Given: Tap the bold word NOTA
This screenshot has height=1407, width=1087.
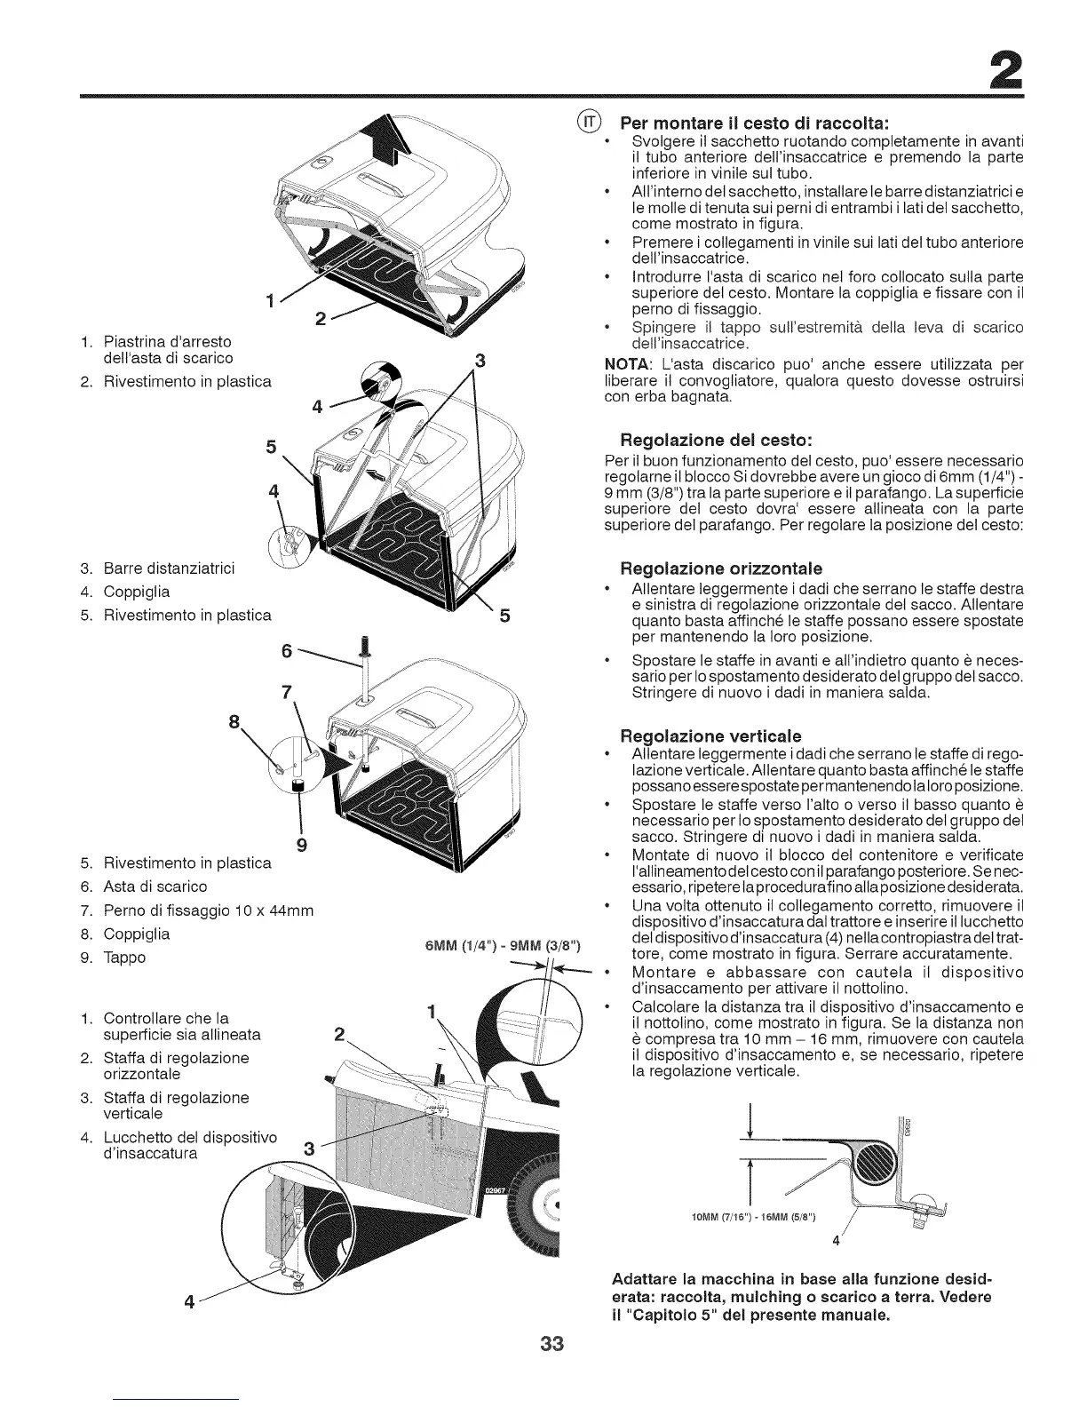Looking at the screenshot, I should point(625,365).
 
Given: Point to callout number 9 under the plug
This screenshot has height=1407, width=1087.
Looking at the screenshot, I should point(301,844).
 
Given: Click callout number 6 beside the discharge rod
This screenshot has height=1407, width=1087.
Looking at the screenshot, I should point(286,650).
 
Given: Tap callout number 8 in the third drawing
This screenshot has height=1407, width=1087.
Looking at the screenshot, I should point(234,722).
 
